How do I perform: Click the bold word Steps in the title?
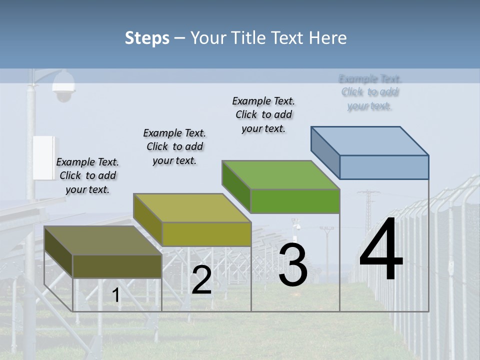(x=146, y=37)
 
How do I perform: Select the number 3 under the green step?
(x=292, y=265)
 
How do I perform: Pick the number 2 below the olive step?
(x=201, y=280)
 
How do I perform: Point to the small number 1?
(x=116, y=295)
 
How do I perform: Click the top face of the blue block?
(x=370, y=140)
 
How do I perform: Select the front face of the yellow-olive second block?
(x=206, y=234)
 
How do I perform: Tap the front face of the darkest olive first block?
(x=117, y=266)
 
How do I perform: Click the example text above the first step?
(x=87, y=175)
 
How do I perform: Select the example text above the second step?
(x=174, y=146)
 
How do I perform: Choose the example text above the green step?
(x=263, y=114)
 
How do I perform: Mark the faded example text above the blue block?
(x=370, y=92)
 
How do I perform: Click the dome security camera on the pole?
(x=63, y=86)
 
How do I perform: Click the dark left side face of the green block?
(x=236, y=186)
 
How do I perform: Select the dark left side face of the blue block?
(x=325, y=151)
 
